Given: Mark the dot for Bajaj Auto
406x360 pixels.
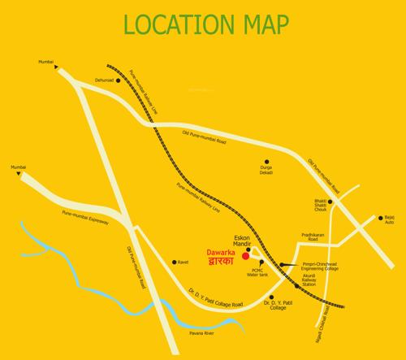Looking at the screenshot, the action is click(378, 218).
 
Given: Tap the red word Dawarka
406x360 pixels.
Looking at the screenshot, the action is click(220, 252).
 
